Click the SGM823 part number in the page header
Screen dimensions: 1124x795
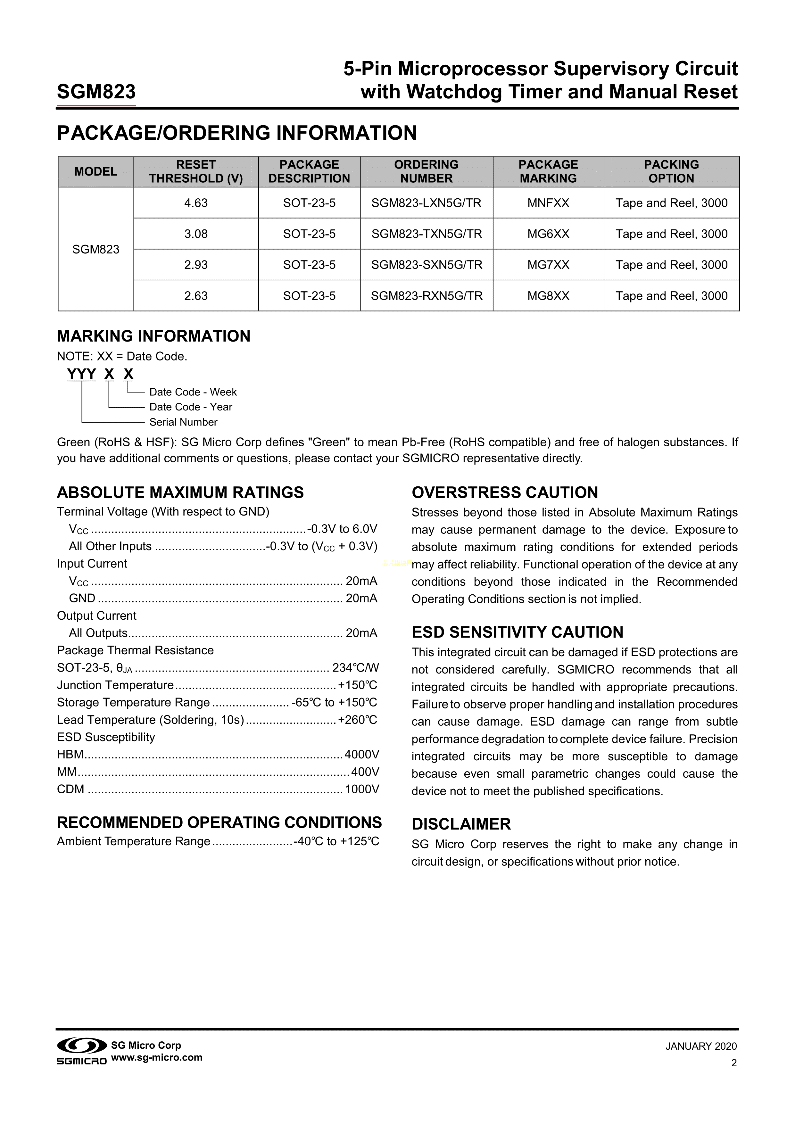pos(96,92)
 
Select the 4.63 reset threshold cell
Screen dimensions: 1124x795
pos(196,203)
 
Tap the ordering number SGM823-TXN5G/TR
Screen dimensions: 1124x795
pos(426,234)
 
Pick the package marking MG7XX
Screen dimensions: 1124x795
pos(548,265)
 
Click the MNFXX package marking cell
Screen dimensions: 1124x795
pos(548,203)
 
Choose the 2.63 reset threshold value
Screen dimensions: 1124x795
pos(196,296)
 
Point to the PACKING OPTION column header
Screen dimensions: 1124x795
pos(671,171)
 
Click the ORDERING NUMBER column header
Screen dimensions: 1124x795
pos(426,171)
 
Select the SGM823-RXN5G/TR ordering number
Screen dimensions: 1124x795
pos(426,296)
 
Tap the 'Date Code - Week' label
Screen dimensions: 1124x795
pos(193,392)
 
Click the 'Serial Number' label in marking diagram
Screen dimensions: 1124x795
pos(183,422)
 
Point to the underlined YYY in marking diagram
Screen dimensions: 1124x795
pos(81,375)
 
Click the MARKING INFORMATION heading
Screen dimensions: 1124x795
pos(154,336)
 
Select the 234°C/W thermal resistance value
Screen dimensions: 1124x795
pos(355,668)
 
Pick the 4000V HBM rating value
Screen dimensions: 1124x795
pos(362,754)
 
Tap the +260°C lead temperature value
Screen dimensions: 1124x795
pos(358,720)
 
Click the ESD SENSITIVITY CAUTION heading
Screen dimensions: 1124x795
pos(518,632)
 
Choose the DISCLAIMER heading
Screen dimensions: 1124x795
pos(461,824)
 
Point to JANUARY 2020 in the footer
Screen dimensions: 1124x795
pos(700,1047)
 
